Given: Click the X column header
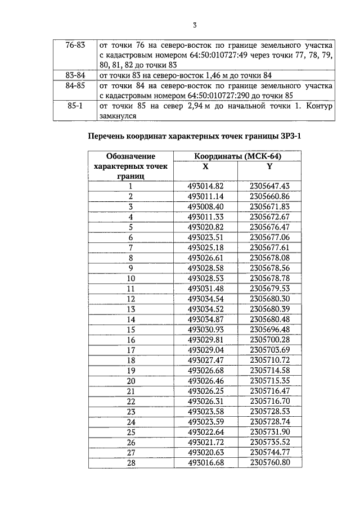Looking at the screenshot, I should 205,166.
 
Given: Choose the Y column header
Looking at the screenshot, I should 269,166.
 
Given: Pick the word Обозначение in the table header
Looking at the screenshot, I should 130,156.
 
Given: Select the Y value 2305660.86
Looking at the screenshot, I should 269,196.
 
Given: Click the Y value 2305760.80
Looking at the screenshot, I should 269,462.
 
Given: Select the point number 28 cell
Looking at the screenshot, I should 130,462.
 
